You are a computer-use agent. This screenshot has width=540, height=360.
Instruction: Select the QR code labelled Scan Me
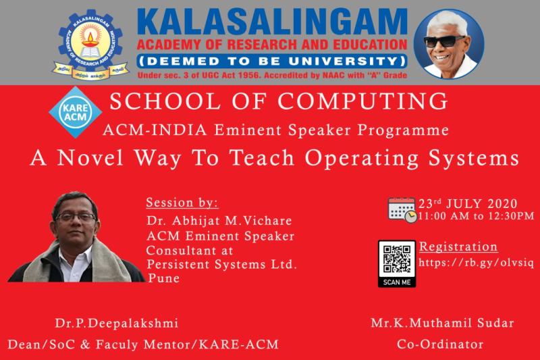(x=396, y=260)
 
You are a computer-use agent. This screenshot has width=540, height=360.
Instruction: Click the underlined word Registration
(x=458, y=247)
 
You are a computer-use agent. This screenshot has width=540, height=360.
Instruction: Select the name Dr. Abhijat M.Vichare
(x=217, y=220)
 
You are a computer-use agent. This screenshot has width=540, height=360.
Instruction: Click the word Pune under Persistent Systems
(x=163, y=278)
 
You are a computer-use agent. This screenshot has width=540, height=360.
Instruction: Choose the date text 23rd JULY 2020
(x=468, y=204)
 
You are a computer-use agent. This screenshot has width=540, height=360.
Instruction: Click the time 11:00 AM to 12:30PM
(x=476, y=216)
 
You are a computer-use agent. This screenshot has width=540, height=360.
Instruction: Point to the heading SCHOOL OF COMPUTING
(x=279, y=101)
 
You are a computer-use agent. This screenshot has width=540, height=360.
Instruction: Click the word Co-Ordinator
(x=440, y=344)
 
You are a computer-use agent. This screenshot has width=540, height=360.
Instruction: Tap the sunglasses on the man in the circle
(x=444, y=41)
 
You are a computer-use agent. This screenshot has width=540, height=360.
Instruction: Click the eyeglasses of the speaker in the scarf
(x=76, y=217)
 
